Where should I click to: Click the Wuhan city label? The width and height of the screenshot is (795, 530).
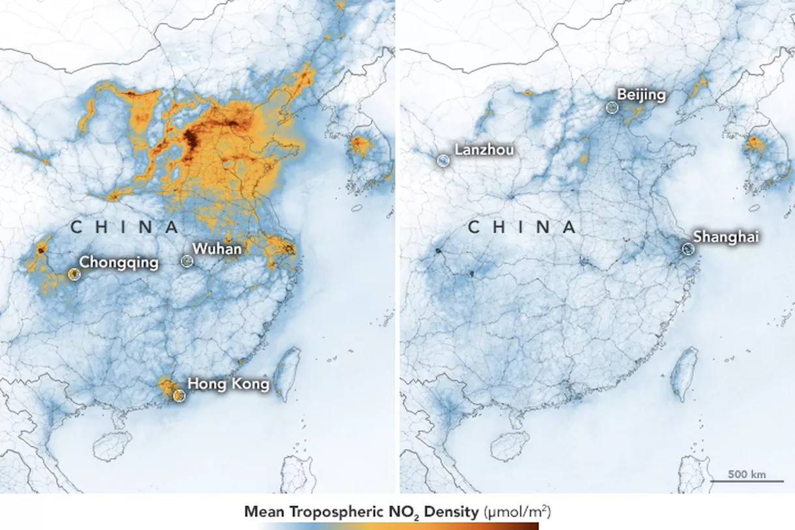217,249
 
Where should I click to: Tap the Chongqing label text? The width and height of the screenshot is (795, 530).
119,263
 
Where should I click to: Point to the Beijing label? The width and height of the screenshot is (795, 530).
641,95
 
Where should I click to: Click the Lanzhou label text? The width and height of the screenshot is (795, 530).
484,150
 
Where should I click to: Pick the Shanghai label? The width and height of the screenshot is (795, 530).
726,237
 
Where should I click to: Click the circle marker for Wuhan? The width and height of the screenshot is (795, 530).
187,261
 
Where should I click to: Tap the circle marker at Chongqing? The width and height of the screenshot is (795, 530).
74,274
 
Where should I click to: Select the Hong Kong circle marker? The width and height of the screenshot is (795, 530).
179,395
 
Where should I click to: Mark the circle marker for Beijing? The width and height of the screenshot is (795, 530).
612,108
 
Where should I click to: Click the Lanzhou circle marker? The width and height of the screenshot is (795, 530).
443,160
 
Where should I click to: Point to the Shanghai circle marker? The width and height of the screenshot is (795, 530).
687,248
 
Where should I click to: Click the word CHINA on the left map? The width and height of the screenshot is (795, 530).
124,227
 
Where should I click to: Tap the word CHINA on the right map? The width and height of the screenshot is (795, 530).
522,227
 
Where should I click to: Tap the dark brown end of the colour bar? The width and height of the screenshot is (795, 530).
531,525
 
